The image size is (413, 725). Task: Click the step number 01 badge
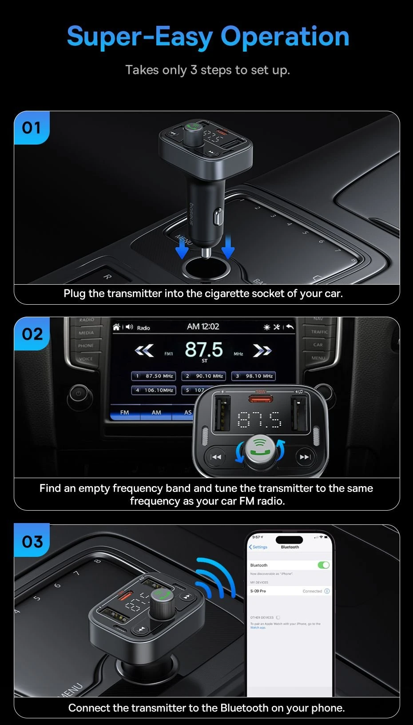pos(32,128)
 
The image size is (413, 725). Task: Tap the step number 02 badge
pos(32,334)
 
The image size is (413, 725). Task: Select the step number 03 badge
pos(32,541)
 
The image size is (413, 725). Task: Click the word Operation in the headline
pos(285,36)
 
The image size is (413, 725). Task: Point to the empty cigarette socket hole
pos(206,268)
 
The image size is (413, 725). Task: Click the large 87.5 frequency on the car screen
pos(204,350)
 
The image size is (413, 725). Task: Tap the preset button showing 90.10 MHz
pos(204,376)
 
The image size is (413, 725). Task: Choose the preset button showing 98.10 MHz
pos(254,376)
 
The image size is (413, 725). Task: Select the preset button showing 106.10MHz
pos(154,390)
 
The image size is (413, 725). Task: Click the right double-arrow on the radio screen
pos(262,351)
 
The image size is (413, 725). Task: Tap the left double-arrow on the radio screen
pos(144,351)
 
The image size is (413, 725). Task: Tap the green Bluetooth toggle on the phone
pos(324,565)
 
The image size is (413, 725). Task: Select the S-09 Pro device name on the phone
pos(258,591)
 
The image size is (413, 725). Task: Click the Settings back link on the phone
pos(258,547)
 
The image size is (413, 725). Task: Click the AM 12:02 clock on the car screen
pos(203,326)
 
